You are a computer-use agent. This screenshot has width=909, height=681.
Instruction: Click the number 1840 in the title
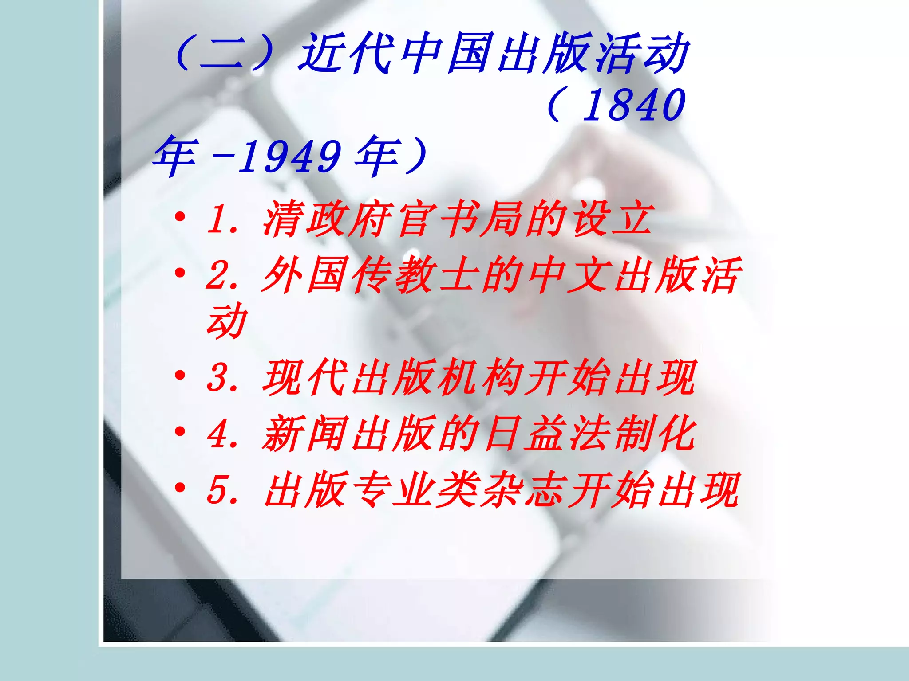pyautogui.click(x=634, y=105)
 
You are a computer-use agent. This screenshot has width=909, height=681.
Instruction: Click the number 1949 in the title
pyautogui.click(x=289, y=156)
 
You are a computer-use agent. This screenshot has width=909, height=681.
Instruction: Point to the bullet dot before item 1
pyautogui.click(x=180, y=217)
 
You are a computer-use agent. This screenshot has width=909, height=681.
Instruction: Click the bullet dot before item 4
pyautogui.click(x=180, y=431)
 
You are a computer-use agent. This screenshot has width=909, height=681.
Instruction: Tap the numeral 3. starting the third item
pyautogui.click(x=222, y=378)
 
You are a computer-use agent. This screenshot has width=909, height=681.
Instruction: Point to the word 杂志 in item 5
pyautogui.click(x=524, y=489)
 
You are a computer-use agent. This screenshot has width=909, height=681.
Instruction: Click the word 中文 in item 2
pyautogui.click(x=568, y=275)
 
